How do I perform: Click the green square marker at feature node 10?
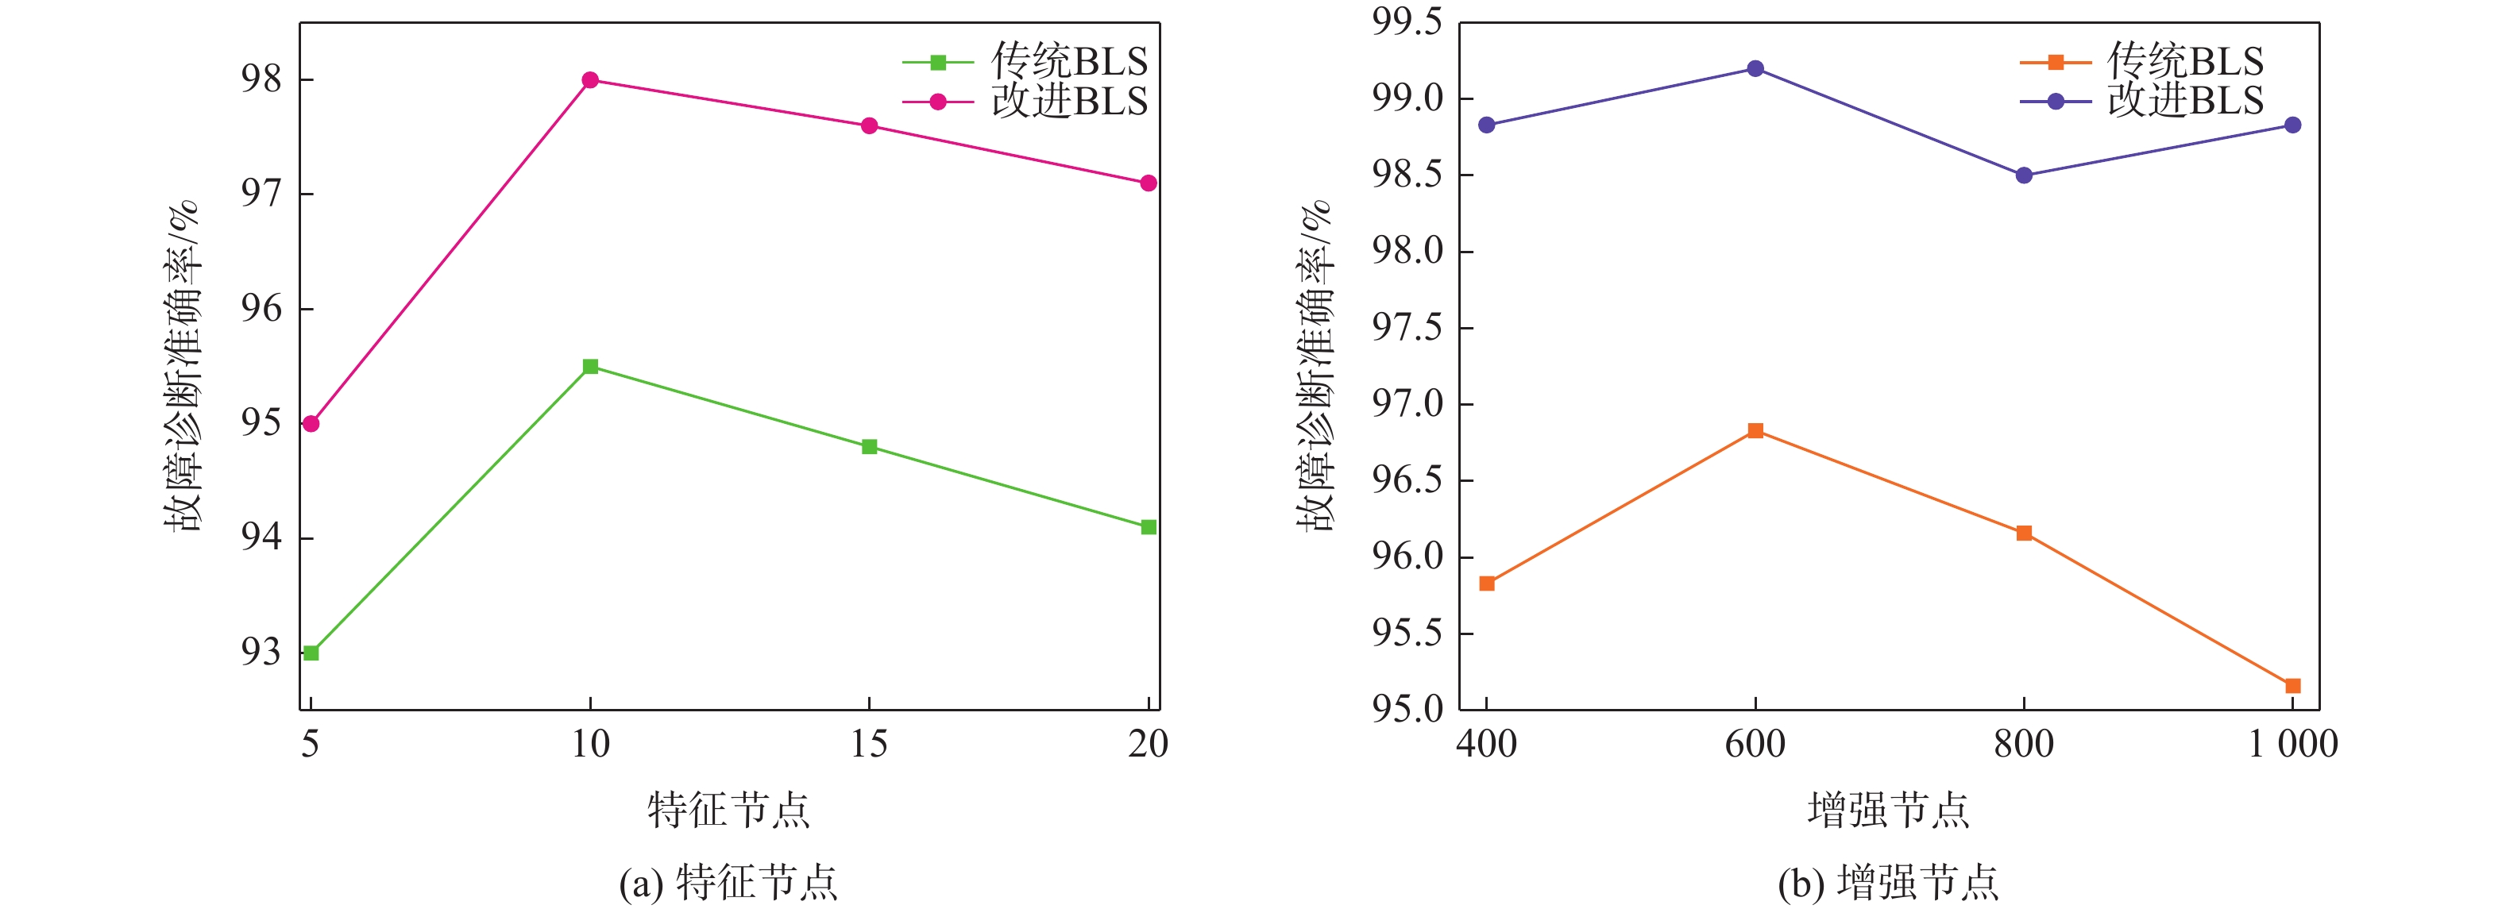[589, 366]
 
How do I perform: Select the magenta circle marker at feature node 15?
[869, 126]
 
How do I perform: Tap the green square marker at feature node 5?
[311, 653]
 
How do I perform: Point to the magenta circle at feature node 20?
[1148, 183]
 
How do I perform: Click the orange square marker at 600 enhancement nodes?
[1755, 430]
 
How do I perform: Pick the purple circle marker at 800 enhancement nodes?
[2024, 175]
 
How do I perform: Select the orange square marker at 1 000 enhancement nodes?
[2293, 686]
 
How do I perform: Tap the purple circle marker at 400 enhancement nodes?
[1487, 125]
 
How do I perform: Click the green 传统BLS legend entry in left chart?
[1025, 62]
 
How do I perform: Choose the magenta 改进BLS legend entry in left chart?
[1025, 101]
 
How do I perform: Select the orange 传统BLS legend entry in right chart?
[2141, 62]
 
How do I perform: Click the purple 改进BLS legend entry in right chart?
[2141, 101]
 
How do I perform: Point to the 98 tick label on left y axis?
[261, 79]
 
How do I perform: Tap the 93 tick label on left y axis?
[261, 653]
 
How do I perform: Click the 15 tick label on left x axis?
[869, 744]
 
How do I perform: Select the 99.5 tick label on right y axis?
[1407, 21]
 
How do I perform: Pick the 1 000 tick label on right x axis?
[2293, 744]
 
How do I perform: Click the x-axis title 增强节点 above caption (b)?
[1888, 810]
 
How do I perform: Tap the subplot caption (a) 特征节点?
[728, 883]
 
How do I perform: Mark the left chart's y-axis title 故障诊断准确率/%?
[182, 366]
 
